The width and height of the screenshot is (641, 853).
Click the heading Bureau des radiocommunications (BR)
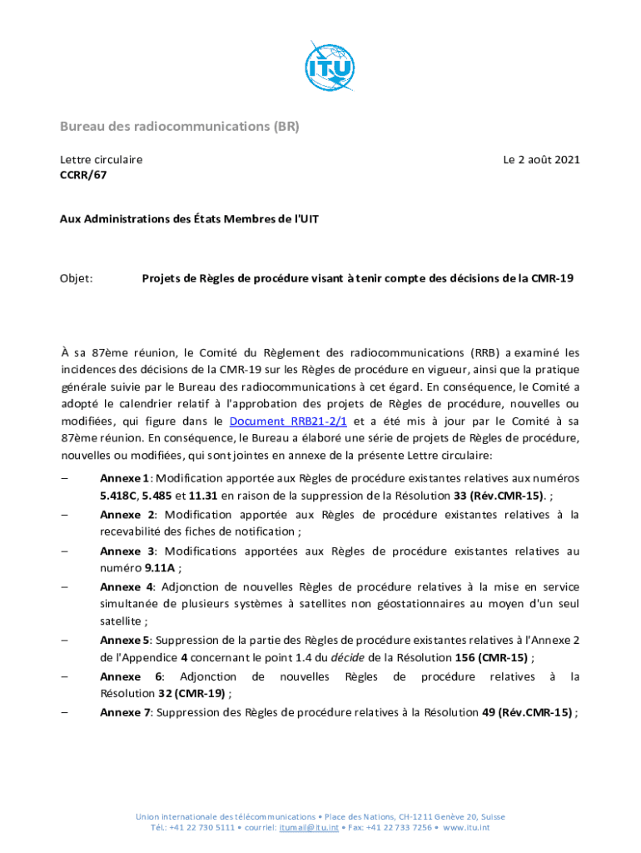(x=179, y=127)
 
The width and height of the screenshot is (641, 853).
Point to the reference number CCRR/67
(x=82, y=175)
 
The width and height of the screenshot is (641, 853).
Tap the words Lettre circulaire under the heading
(x=101, y=159)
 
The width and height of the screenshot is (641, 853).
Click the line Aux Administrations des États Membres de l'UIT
(x=189, y=219)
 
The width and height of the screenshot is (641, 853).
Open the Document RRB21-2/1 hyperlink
(x=288, y=422)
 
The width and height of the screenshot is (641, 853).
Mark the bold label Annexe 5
(x=124, y=640)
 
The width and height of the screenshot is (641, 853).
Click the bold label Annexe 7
(x=124, y=712)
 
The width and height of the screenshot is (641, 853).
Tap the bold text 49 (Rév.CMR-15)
(x=523, y=712)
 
